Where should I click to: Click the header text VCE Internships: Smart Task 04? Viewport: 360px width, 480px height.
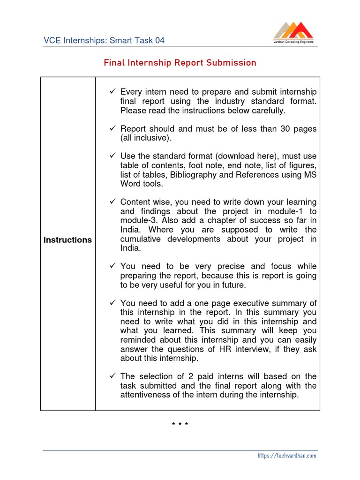tap(104, 40)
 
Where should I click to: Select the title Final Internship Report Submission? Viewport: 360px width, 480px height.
tap(180, 63)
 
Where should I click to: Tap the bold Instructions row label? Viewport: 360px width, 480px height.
tap(67, 240)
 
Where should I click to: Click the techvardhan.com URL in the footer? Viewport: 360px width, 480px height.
tap(287, 455)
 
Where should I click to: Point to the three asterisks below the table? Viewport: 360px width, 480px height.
tap(180, 425)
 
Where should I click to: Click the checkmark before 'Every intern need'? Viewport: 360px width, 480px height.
tap(112, 92)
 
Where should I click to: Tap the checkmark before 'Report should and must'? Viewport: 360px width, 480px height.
tap(112, 128)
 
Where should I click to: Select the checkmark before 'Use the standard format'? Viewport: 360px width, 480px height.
tap(112, 156)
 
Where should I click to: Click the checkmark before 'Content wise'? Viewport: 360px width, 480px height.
tap(112, 202)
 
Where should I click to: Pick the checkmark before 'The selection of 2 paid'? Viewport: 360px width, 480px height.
tap(112, 376)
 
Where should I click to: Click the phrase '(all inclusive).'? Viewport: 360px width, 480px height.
tap(146, 138)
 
